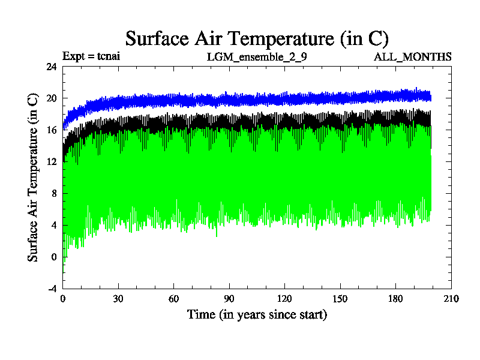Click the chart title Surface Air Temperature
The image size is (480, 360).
coord(257,38)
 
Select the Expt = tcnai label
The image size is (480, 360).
coord(92,57)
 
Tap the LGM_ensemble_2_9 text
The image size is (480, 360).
coord(253,57)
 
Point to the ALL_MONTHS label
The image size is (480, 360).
coord(413,57)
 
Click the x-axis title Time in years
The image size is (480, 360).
coord(257,314)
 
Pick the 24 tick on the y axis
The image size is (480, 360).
coord(52,67)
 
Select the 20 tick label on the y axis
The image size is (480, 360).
coord(52,98)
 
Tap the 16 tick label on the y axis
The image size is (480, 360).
coord(52,130)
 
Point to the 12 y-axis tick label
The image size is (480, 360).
coord(52,162)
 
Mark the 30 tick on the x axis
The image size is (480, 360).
coord(118,299)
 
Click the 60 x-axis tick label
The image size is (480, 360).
coord(174,299)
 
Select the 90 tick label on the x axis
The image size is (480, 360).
coord(229,299)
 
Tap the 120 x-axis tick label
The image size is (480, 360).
coord(284,299)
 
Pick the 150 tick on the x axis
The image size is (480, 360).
coord(340,299)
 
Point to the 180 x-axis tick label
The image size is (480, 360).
coord(395,299)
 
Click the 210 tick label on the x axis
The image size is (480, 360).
coord(451,299)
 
